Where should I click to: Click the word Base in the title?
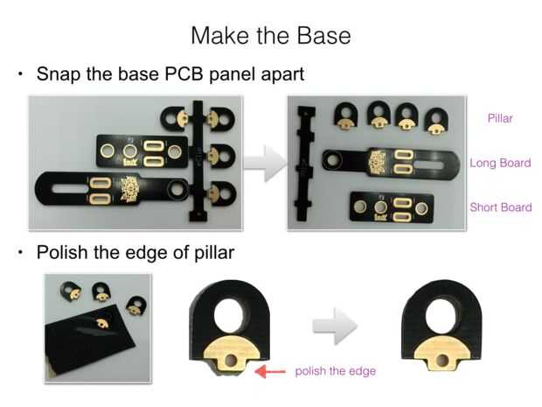[x=323, y=36]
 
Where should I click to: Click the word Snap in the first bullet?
[x=59, y=74]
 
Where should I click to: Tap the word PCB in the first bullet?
[x=184, y=74]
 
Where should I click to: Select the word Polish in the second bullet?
[x=62, y=252]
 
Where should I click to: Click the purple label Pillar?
[x=500, y=118]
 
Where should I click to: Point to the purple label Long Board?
[x=500, y=163]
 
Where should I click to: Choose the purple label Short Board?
[x=501, y=207]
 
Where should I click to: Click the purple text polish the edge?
[x=336, y=371]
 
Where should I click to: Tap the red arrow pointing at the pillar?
[x=270, y=371]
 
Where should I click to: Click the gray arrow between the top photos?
[x=265, y=164]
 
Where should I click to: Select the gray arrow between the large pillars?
[x=335, y=326]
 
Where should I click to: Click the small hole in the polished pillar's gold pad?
[x=442, y=361]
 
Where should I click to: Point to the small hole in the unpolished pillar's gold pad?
[x=231, y=361]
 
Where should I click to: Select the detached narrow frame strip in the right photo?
[x=306, y=164]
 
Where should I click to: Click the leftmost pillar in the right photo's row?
[x=344, y=116]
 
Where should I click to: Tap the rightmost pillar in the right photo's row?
[x=436, y=121]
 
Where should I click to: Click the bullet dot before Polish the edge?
[x=21, y=253]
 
